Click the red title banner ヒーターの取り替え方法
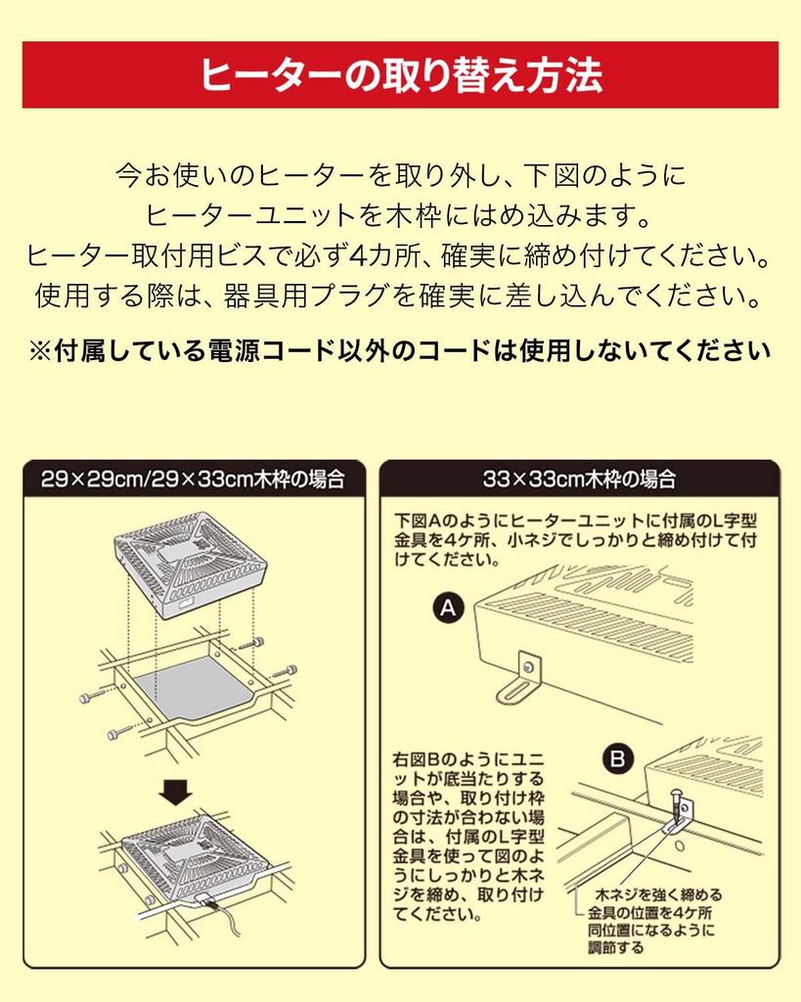[x=400, y=74]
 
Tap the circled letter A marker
[x=448, y=610]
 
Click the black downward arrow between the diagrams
[x=176, y=791]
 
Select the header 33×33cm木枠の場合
[x=579, y=479]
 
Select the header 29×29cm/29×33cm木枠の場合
[x=193, y=479]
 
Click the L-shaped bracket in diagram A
[x=522, y=677]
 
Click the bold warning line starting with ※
[x=400, y=350]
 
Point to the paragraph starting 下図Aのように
[x=577, y=539]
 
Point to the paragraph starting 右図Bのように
[x=467, y=837]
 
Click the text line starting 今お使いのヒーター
[x=400, y=176]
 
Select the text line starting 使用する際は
[x=400, y=295]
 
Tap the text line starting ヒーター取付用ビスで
[x=400, y=256]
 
